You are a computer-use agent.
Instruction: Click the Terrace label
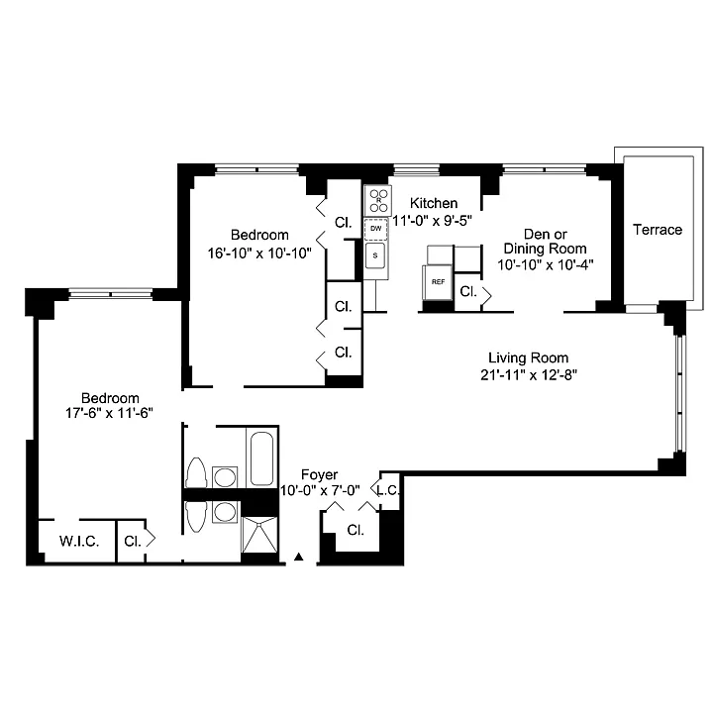click(658, 230)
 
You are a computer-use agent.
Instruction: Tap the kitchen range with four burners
click(378, 200)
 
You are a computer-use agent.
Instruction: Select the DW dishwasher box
click(376, 229)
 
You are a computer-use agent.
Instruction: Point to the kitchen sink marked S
click(375, 255)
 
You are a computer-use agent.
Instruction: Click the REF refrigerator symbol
click(438, 282)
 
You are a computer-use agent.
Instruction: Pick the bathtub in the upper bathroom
click(261, 458)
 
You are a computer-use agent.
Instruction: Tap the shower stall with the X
click(259, 535)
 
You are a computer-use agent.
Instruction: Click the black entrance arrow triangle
click(298, 557)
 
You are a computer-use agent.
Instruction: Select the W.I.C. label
click(78, 541)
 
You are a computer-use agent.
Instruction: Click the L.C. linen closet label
click(388, 490)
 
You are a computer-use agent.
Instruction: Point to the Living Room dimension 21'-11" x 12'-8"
click(529, 374)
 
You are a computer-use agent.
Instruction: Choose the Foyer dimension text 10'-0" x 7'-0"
click(320, 490)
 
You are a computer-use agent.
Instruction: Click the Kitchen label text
click(434, 203)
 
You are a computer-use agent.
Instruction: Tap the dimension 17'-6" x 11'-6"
click(109, 413)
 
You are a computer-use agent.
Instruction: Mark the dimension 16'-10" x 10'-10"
click(259, 253)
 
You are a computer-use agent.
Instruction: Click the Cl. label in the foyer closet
click(356, 530)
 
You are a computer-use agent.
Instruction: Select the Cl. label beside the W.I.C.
click(133, 541)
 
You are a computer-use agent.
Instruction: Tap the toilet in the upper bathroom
click(196, 473)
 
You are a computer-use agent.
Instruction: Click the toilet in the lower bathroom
click(196, 517)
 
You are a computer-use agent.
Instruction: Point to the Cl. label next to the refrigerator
click(467, 291)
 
